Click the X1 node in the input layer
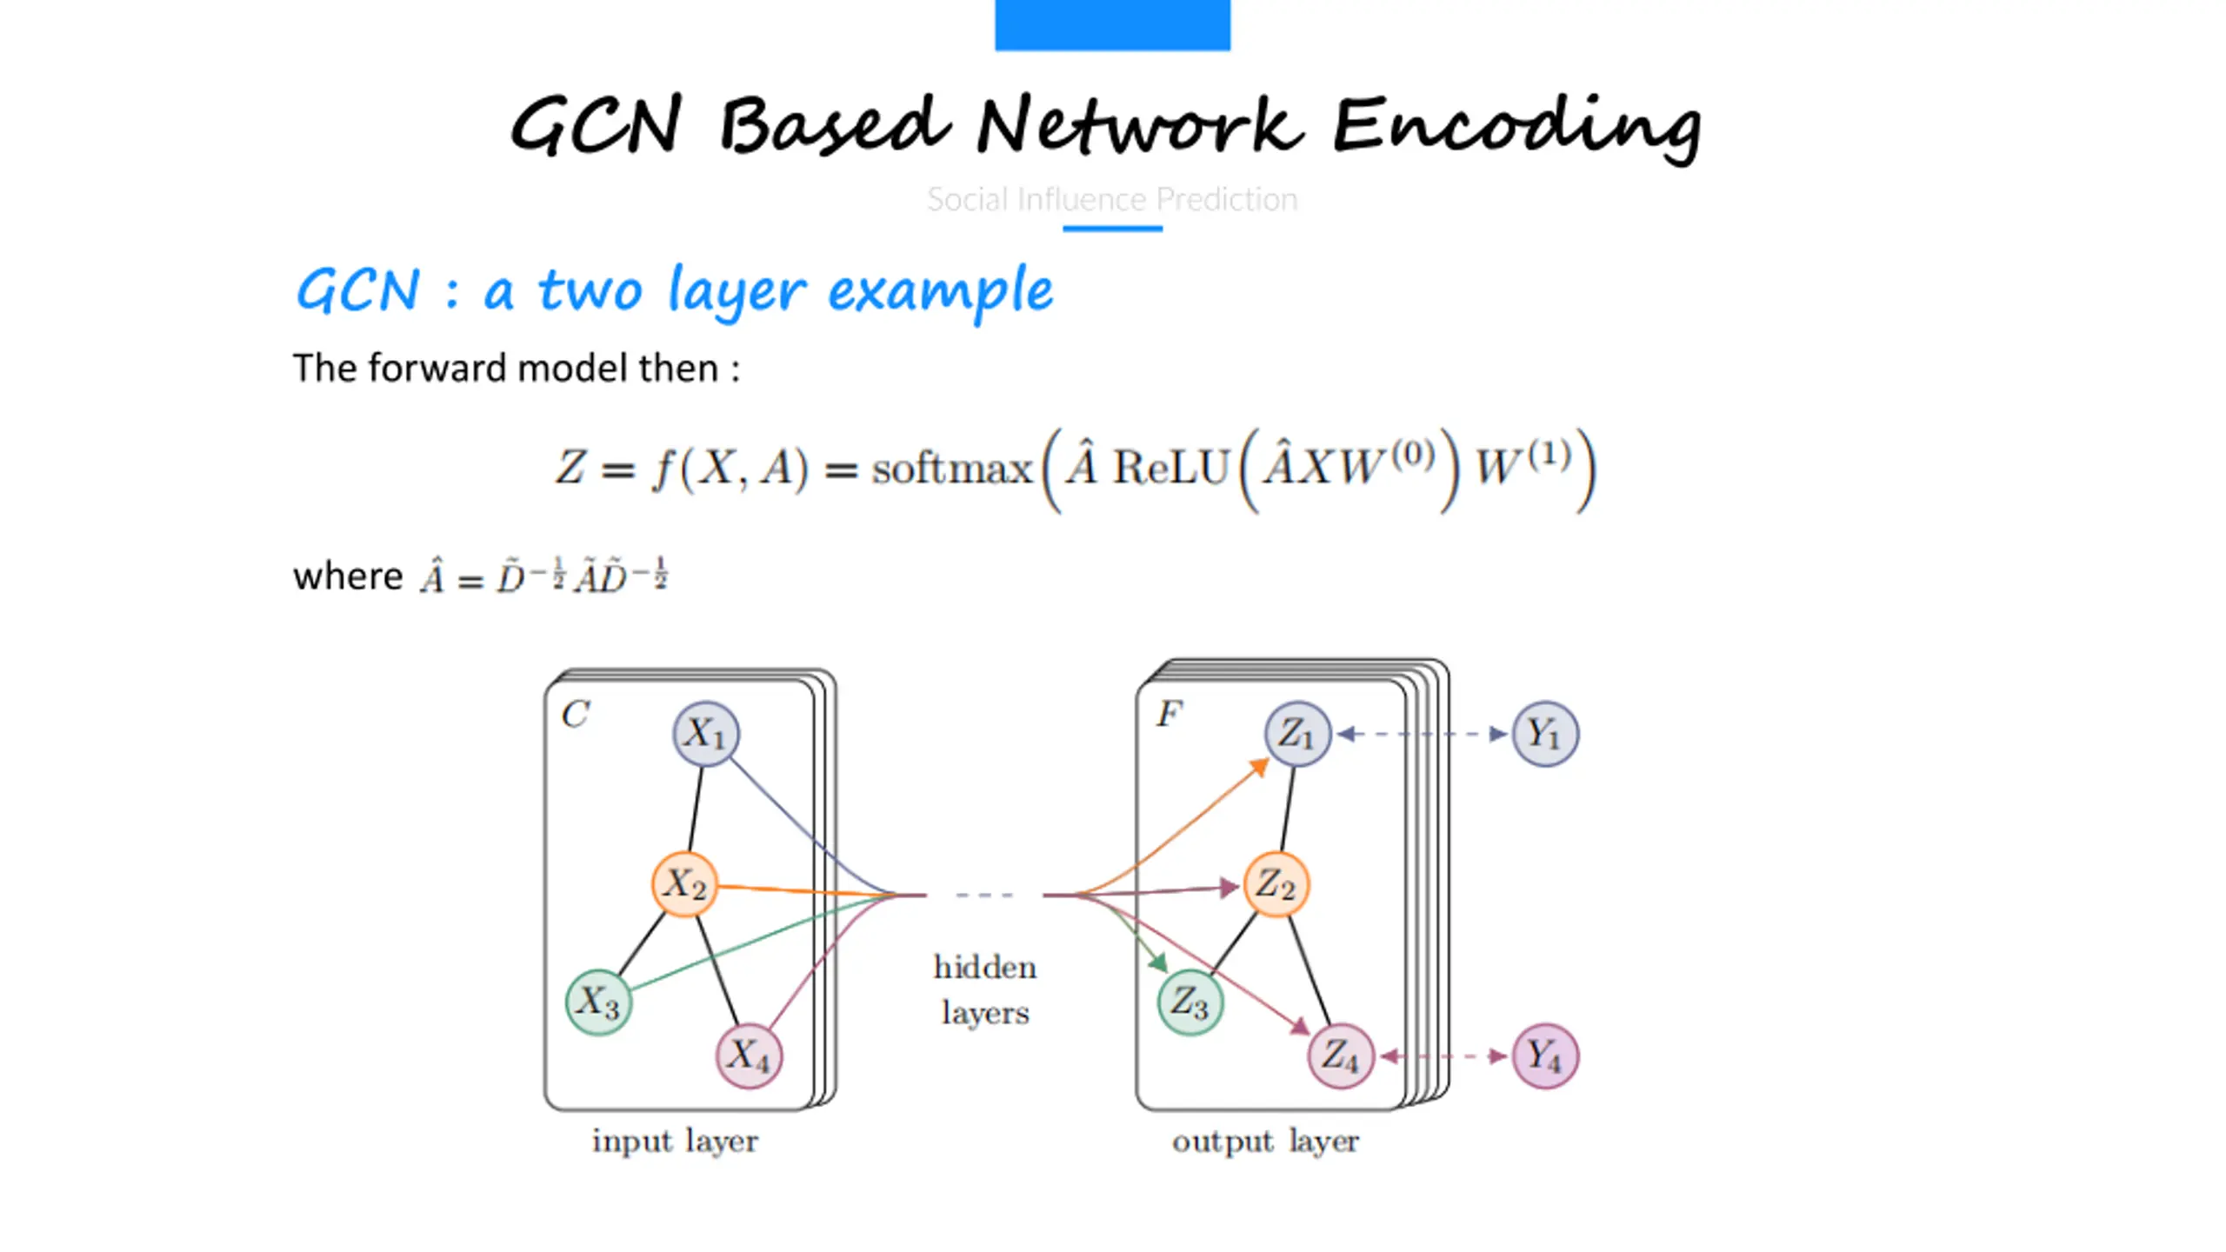pos(706,734)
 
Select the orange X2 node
pos(684,885)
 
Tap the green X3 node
pos(598,1002)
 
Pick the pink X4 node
pos(749,1056)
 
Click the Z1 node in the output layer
pos(1297,734)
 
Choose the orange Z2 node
pos(1276,885)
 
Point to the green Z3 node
pos(1190,1002)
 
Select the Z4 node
pos(1341,1056)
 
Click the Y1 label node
pos(1545,734)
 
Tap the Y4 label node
pos(1545,1056)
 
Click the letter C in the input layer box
pos(575,715)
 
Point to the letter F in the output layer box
pos(1170,714)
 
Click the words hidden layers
pos(985,989)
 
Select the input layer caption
pos(675,1142)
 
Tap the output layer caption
pos(1265,1142)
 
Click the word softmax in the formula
pos(952,469)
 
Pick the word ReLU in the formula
pos(1170,468)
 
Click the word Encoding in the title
pos(1516,127)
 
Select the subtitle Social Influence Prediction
pos(1112,199)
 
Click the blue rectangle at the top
pos(1112,25)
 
